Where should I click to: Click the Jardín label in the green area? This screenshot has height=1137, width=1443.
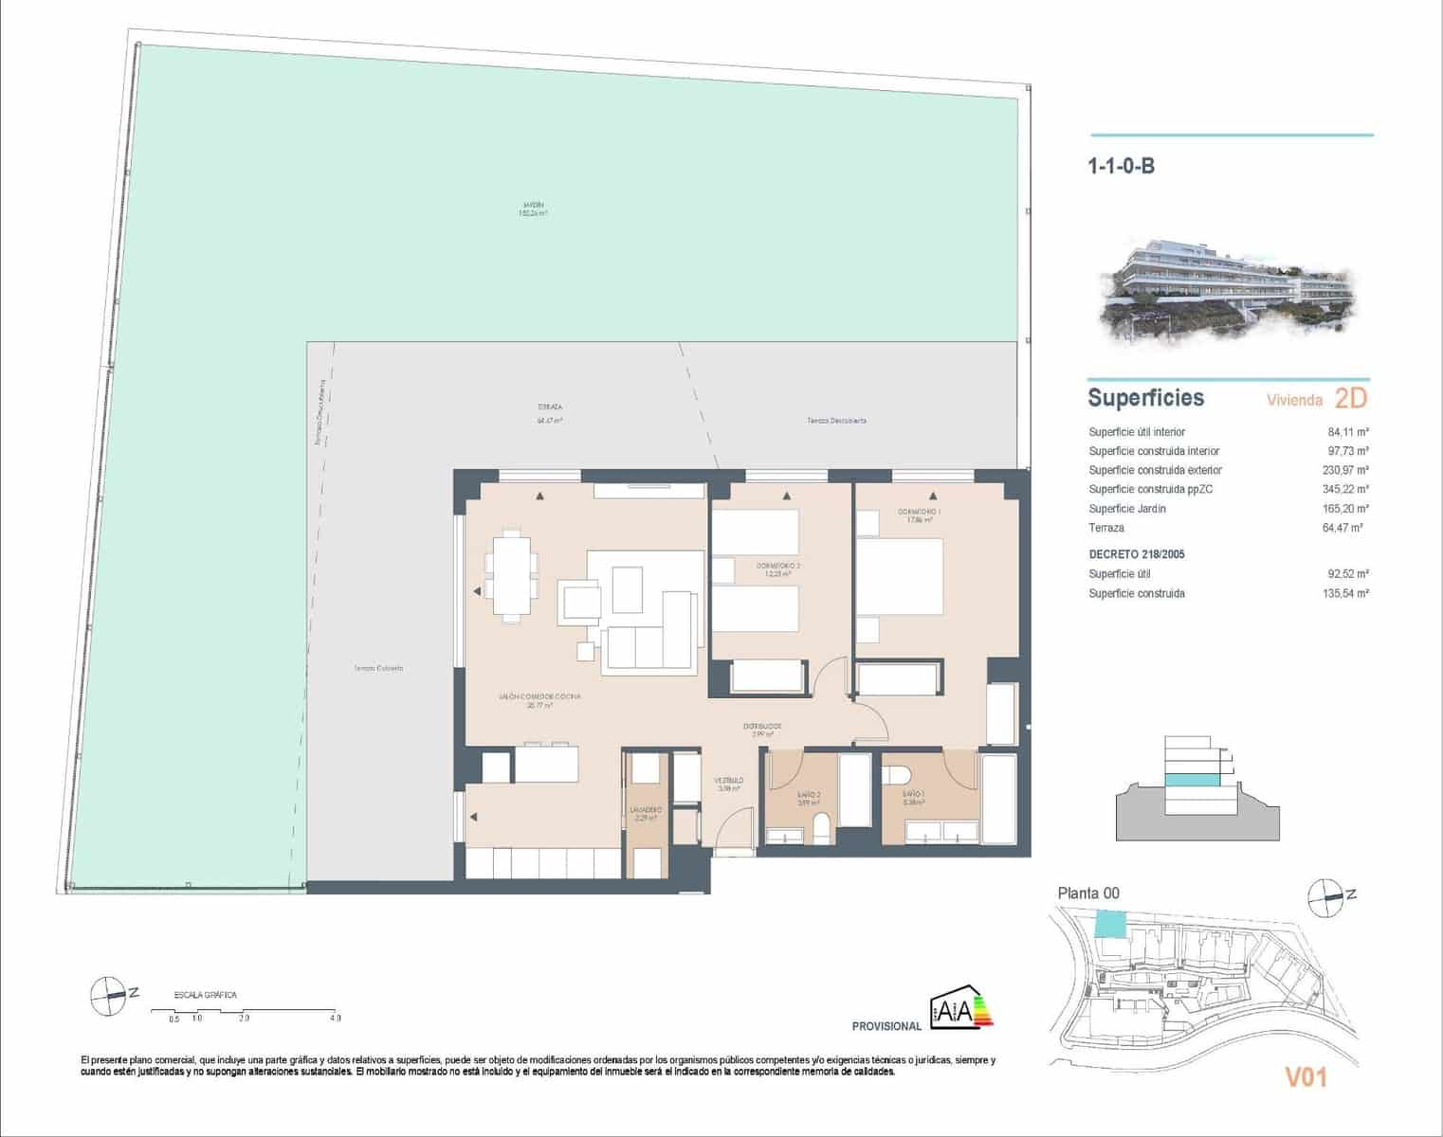(533, 209)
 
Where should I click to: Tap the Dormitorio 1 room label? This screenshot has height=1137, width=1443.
(923, 515)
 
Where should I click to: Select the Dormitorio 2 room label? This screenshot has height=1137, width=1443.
(778, 569)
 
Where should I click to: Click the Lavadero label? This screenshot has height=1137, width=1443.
(645, 814)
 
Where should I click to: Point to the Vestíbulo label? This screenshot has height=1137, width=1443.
(729, 785)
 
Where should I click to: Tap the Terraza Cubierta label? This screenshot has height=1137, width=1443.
(378, 668)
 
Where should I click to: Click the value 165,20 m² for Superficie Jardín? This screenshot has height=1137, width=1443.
(1345, 509)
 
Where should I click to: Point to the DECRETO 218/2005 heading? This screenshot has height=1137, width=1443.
(1136, 554)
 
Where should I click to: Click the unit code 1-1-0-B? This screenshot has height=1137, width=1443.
(1121, 167)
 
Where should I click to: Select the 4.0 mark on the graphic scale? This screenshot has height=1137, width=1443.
(336, 1019)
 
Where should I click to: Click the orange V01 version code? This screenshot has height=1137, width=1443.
(1305, 1077)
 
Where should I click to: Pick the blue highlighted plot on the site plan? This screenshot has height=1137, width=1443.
(1107, 924)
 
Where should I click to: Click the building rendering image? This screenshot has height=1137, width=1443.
(1229, 289)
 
